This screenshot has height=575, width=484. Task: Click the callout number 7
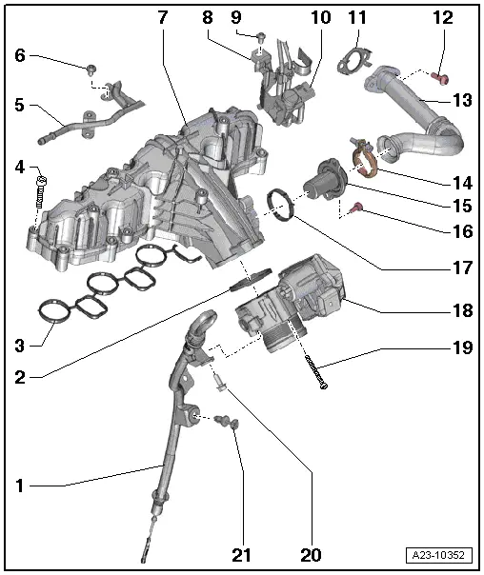(162, 18)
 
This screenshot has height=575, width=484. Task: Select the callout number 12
(443, 18)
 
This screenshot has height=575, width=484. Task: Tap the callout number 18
(462, 310)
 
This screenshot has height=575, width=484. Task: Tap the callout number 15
(462, 206)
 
